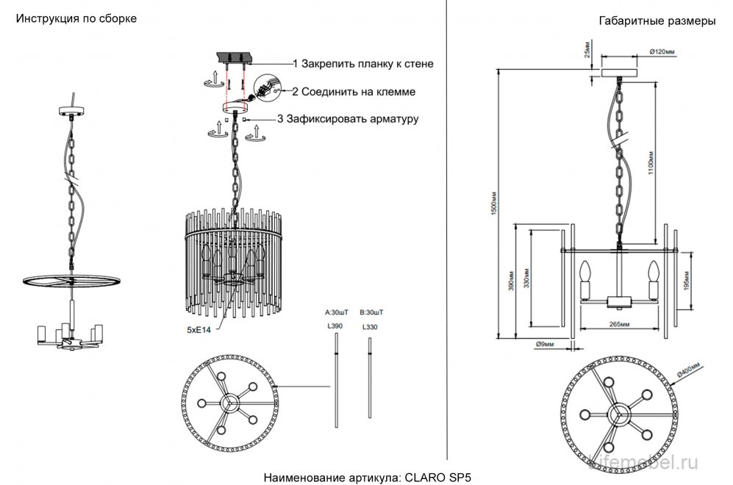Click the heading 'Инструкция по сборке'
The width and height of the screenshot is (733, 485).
(x=76, y=18)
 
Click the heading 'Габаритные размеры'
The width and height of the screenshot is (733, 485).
(x=658, y=21)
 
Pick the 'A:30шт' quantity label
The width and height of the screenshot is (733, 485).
(x=337, y=311)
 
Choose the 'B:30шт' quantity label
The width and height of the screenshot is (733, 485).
(x=370, y=311)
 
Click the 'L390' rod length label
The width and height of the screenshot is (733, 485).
(x=336, y=326)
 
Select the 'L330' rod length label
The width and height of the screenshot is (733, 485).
(x=369, y=326)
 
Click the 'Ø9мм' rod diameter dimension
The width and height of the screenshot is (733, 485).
(x=544, y=343)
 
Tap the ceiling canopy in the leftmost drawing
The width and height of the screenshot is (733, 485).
(x=72, y=111)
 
